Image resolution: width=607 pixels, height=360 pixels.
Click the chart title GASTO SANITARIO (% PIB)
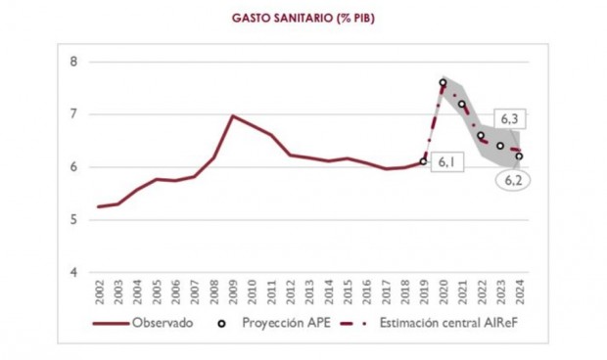pos(303,18)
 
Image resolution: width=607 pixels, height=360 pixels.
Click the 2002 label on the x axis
pos(100,292)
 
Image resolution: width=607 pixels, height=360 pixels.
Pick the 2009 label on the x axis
pos(232,292)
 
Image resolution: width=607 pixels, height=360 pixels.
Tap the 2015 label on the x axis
pos(347,292)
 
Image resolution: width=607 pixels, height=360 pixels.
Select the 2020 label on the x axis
pos(443,292)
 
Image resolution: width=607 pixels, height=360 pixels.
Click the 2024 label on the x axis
pos(519,292)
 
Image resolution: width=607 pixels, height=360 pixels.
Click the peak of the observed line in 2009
pos(232,115)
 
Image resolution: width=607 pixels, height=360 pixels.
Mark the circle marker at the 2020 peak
pos(444,82)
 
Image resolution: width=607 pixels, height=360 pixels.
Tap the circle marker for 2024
pos(519,156)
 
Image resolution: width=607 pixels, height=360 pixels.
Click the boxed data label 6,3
pos(509,118)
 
